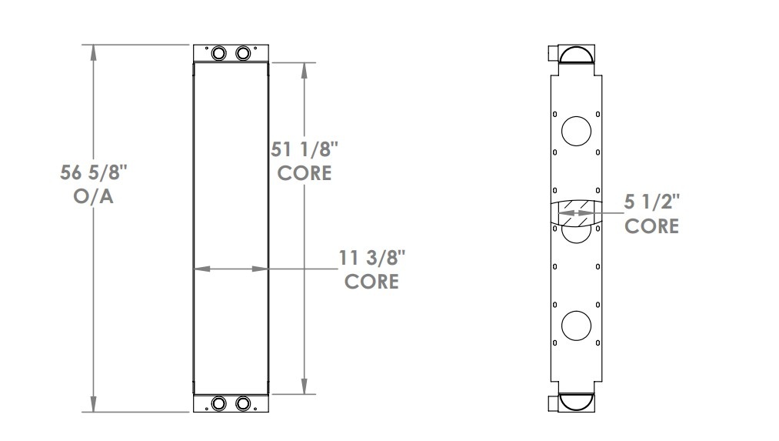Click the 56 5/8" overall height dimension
(93, 172)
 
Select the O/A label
(93, 197)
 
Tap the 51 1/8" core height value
(304, 148)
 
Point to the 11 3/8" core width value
(372, 257)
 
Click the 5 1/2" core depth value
(652, 202)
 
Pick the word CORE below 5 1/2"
(652, 226)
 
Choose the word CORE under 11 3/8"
(372, 281)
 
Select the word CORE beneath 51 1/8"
(305, 172)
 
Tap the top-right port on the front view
(244, 53)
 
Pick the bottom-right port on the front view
(244, 403)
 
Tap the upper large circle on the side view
(575, 132)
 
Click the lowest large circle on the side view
(575, 326)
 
